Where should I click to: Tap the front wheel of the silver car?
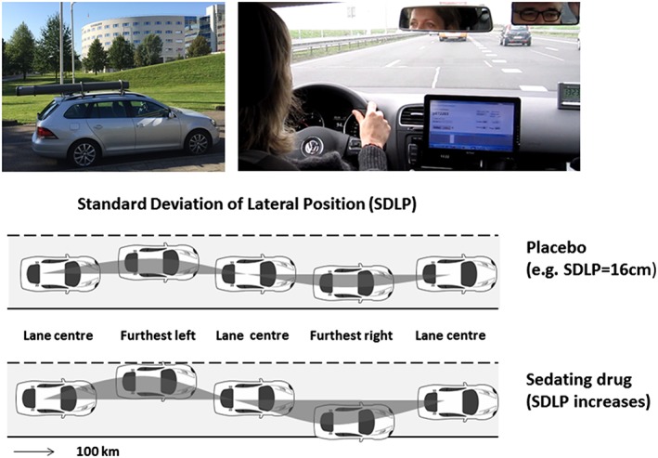[197, 141]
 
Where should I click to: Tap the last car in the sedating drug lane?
[455, 401]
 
